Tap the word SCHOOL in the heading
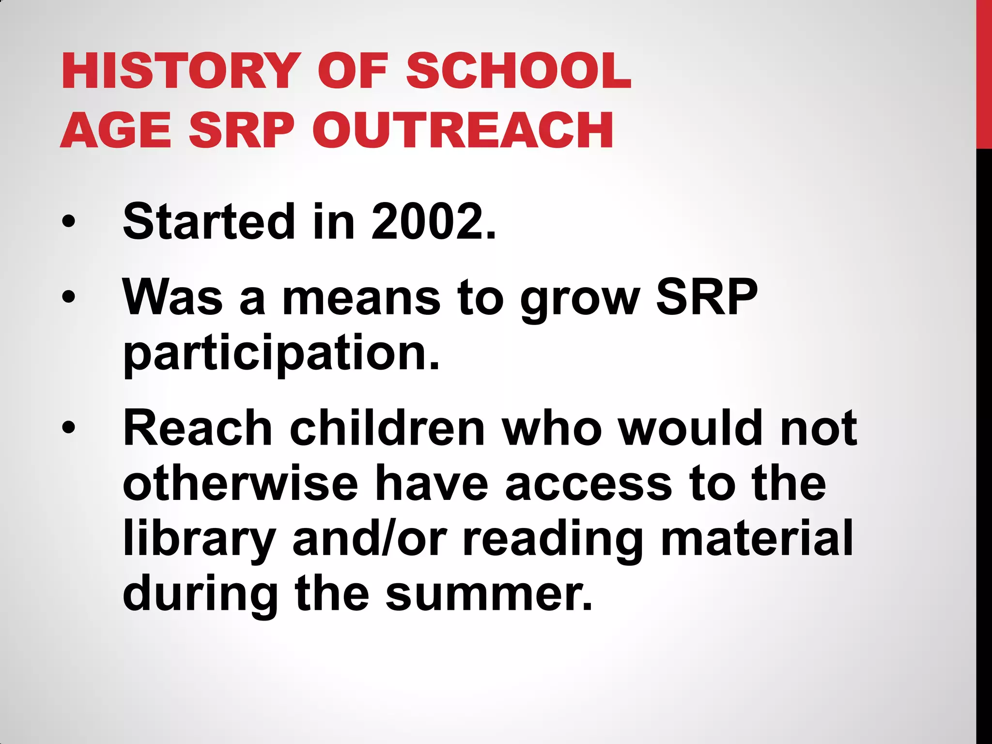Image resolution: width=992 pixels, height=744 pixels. coord(518,71)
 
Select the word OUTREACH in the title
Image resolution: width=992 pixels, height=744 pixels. coord(463,130)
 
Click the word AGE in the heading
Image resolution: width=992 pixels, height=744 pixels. coord(116,130)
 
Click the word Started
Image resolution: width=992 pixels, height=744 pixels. coord(209,221)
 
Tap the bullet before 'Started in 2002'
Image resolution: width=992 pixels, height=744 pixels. coord(69,221)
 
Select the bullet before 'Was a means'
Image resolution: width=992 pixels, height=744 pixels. coord(69,296)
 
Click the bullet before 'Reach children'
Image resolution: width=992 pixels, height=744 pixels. coord(69,427)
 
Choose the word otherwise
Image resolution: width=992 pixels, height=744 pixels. coord(240,483)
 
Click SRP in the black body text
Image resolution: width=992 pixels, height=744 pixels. coord(707,296)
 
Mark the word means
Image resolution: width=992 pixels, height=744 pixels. coord(361,298)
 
